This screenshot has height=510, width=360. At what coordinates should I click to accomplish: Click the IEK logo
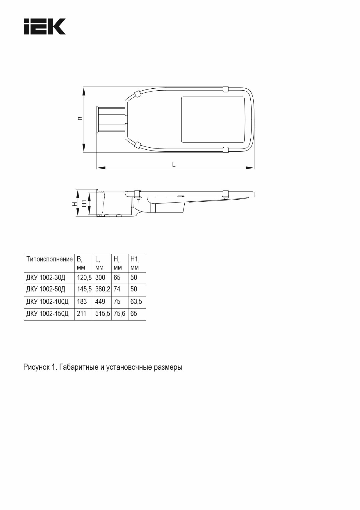point(44,26)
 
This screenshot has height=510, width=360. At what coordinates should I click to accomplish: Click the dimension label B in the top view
point(81,119)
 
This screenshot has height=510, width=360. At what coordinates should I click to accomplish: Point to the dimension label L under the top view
point(174,164)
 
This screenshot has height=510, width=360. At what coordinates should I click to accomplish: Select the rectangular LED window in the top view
point(213,120)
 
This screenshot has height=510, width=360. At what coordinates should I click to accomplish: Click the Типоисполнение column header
point(49,259)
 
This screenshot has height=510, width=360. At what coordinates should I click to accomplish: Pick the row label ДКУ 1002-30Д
point(46,278)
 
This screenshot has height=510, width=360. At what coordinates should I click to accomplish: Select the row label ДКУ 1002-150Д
point(47,314)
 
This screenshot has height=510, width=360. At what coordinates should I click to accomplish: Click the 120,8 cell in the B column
point(84,278)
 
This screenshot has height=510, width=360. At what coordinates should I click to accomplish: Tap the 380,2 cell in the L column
point(102,289)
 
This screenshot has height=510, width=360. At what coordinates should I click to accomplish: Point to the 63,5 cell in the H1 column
point(136,302)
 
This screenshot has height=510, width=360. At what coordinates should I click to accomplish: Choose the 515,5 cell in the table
point(102,314)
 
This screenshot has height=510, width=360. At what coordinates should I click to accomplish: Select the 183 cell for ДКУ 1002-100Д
point(82,302)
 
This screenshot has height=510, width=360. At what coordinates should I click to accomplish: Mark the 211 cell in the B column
point(82,314)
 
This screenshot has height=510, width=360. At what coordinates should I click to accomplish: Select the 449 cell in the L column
point(100,302)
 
